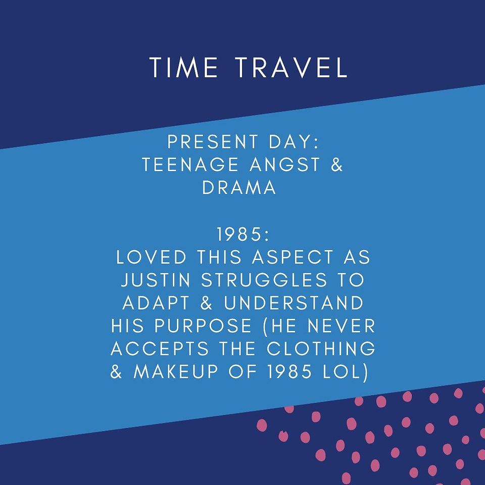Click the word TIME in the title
[x=184, y=67]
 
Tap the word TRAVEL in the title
[x=292, y=67]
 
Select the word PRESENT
[x=213, y=141]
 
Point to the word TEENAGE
[x=190, y=164]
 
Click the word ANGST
[x=285, y=164]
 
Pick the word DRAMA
[x=239, y=187]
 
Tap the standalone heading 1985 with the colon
[x=243, y=234]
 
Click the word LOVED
[x=151, y=257]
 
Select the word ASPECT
[x=293, y=257]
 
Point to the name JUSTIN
[x=156, y=279]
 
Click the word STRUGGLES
[x=264, y=279]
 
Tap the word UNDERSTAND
[x=294, y=303]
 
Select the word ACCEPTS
[x=160, y=349]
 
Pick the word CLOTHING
[x=321, y=349]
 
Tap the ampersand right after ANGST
[x=337, y=164]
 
